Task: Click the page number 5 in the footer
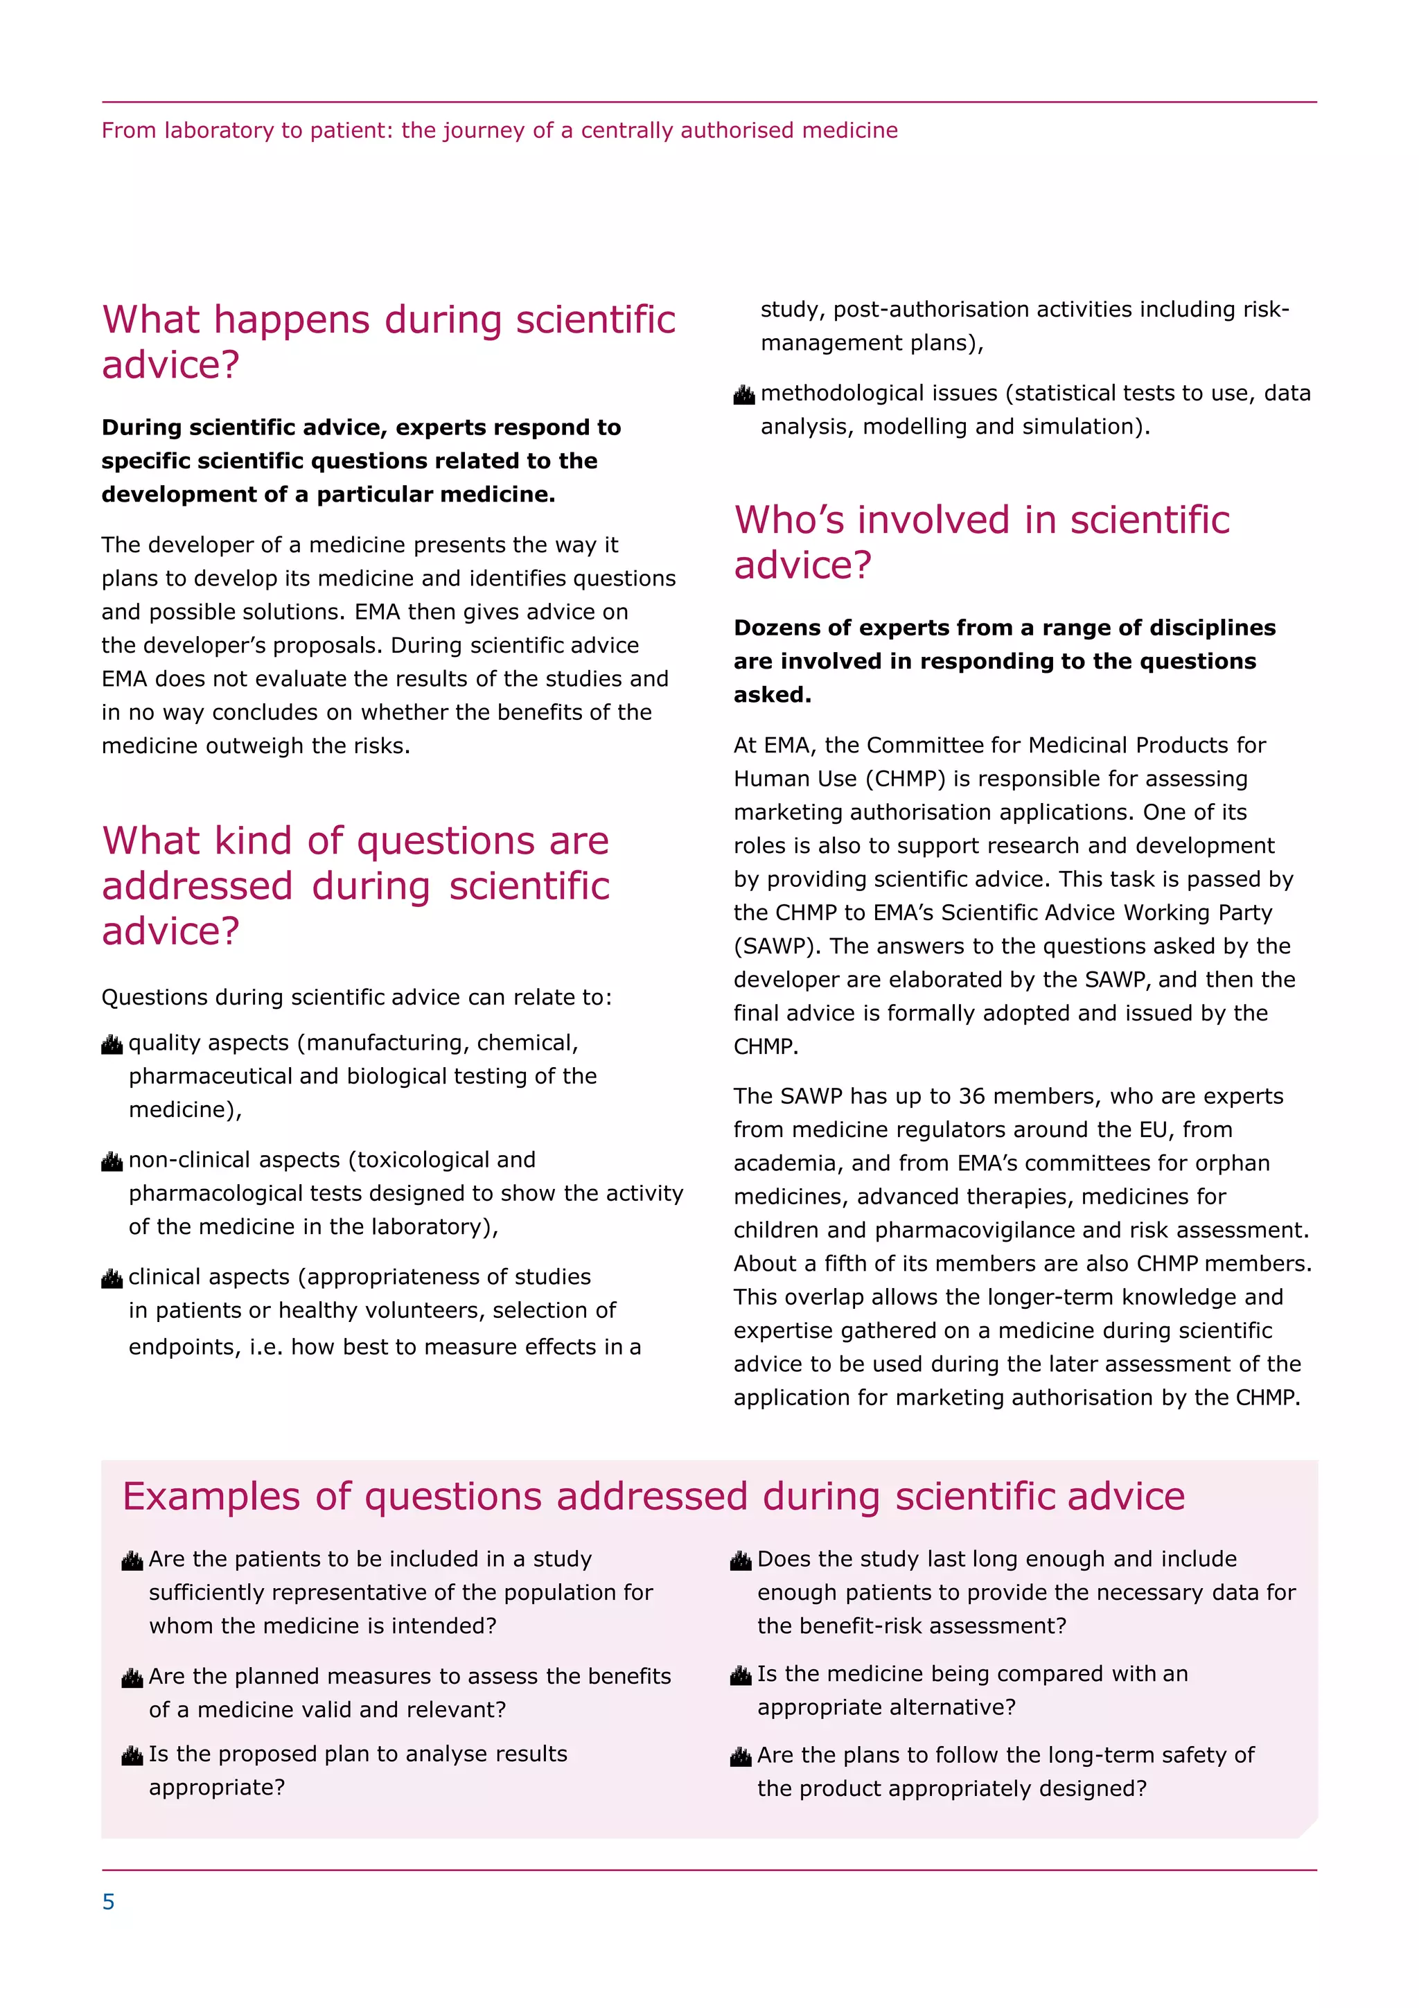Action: click(108, 1901)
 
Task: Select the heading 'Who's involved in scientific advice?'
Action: click(981, 543)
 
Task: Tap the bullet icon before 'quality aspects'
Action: click(112, 1044)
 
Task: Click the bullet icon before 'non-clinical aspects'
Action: click(112, 1161)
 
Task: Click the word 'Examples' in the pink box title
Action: click(211, 1497)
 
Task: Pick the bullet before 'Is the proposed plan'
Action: click(132, 1756)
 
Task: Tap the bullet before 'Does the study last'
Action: click(741, 1561)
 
